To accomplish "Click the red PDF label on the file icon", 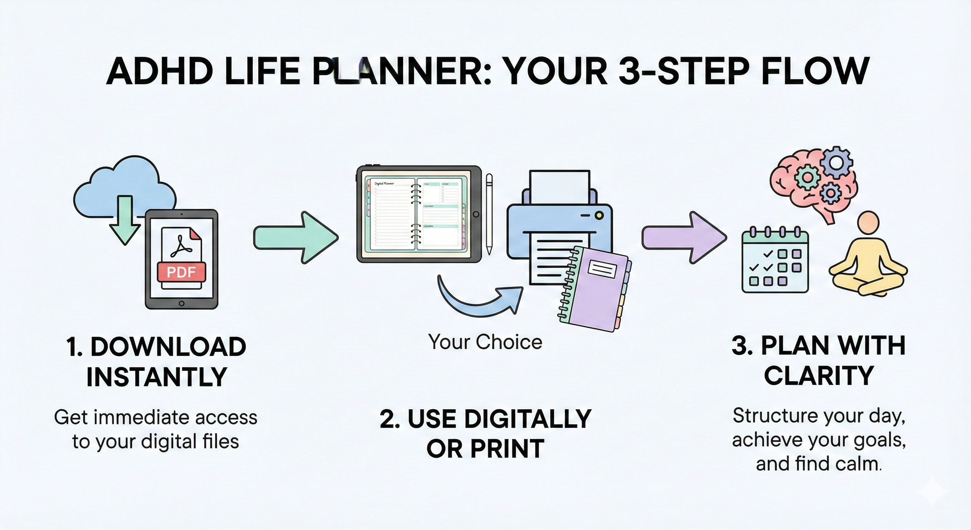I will (181, 272).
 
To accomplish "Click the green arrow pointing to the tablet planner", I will (296, 237).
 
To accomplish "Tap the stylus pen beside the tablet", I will (489, 213).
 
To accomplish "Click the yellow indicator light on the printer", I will (598, 215).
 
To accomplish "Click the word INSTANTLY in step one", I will (157, 377).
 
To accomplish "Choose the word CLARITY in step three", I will (819, 376).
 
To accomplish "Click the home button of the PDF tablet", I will (181, 303).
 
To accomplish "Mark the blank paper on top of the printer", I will (559, 187).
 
